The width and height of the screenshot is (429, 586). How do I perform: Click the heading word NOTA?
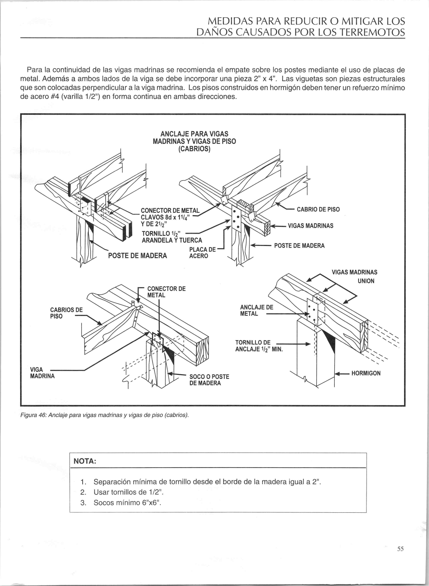(85, 461)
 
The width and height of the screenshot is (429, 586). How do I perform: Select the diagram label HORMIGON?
(366, 373)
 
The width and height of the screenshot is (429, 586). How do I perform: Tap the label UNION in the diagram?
(366, 281)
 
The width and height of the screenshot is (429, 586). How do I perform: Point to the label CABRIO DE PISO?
(318, 209)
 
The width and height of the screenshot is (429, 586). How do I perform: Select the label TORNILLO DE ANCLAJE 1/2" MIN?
(259, 346)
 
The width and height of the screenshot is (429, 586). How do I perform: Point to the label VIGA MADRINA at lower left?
(42, 373)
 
